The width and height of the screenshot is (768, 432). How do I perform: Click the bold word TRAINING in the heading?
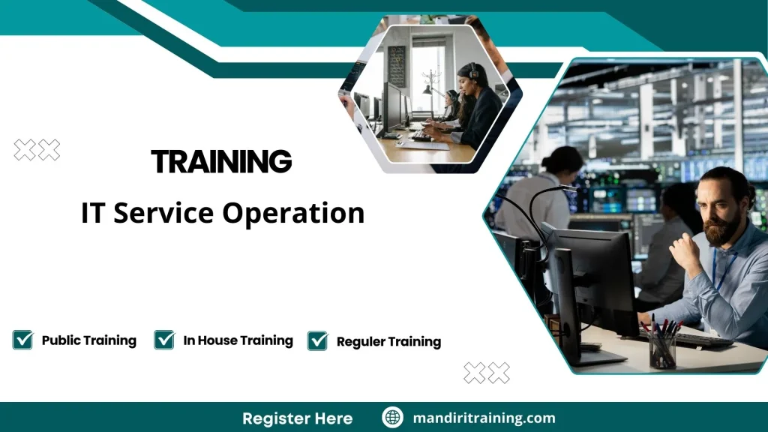pyautogui.click(x=221, y=161)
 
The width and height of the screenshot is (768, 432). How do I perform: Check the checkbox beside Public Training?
pyautogui.click(x=22, y=340)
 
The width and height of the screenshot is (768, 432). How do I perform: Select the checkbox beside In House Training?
pyautogui.click(x=164, y=340)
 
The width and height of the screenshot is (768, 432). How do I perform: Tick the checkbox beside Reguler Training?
pyautogui.click(x=317, y=341)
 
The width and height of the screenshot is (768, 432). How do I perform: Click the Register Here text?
pyautogui.click(x=297, y=418)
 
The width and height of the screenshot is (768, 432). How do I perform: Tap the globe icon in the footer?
pyautogui.click(x=392, y=418)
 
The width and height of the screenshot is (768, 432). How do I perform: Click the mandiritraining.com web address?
pyautogui.click(x=484, y=418)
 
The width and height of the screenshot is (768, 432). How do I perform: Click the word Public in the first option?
pyautogui.click(x=60, y=340)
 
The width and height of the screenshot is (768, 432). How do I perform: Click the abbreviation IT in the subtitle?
pyautogui.click(x=91, y=214)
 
